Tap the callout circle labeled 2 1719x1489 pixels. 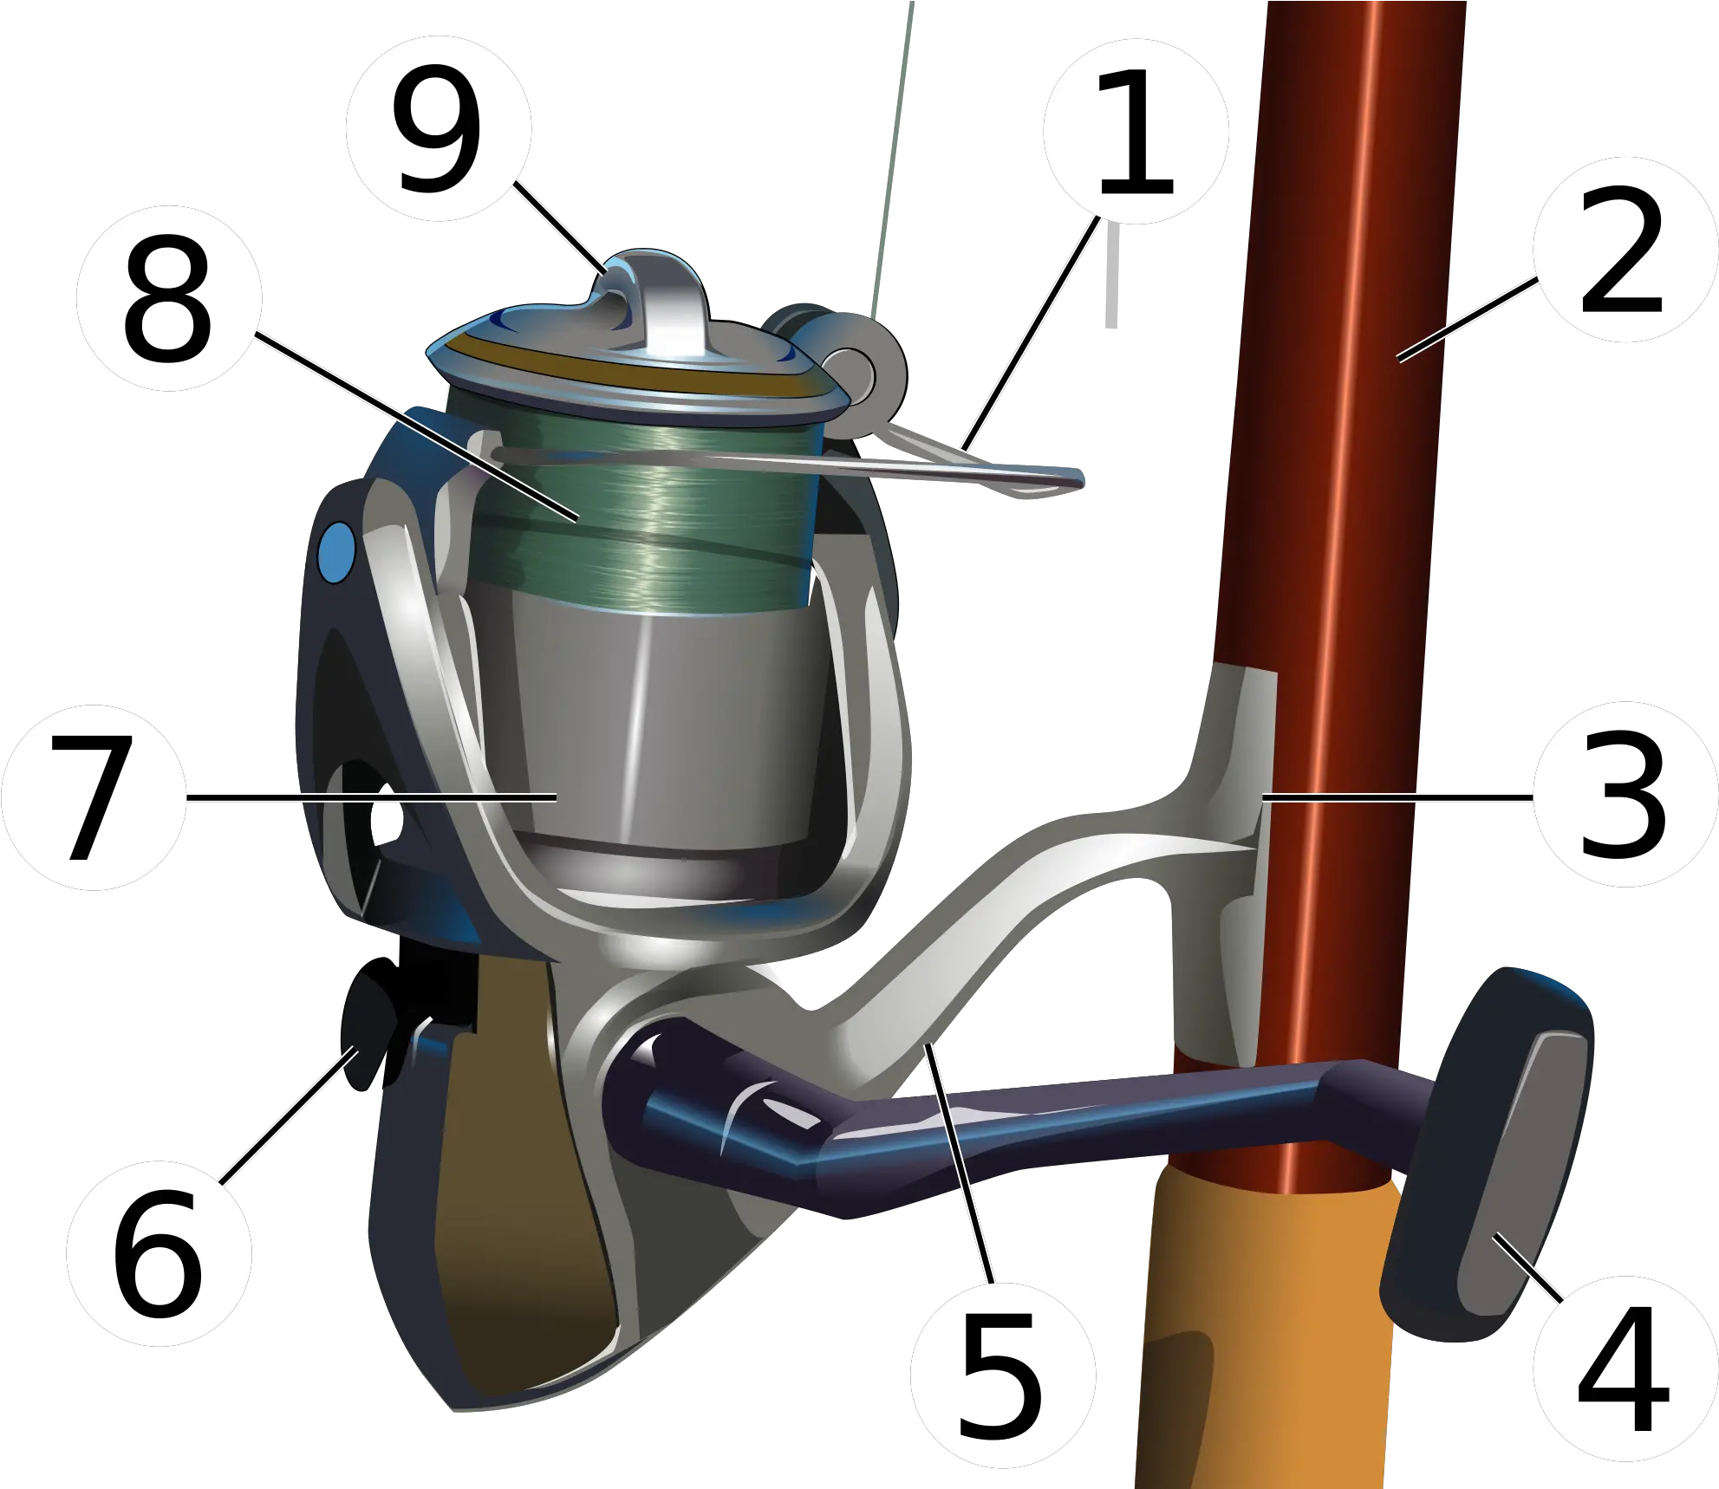[x=1625, y=250]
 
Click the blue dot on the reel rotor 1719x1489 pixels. [x=336, y=550]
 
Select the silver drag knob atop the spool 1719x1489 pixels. [x=659, y=303]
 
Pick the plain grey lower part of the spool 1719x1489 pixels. [x=659, y=737]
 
